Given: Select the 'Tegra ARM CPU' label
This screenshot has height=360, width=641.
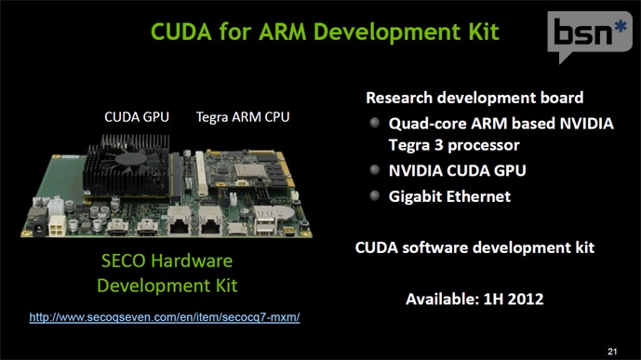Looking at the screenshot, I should (243, 117).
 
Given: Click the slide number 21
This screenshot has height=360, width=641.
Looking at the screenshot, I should (611, 350).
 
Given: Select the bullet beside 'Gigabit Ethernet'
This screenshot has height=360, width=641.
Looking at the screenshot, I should (374, 195).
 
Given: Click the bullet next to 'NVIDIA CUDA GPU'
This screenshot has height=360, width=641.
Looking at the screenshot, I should (374, 170).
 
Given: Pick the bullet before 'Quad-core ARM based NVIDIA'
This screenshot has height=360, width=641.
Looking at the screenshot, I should (374, 123).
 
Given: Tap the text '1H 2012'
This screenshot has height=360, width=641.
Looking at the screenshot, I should (511, 300).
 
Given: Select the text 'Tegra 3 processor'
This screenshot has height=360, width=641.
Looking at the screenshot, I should (453, 146).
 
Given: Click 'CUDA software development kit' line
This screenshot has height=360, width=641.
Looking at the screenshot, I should (475, 248).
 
